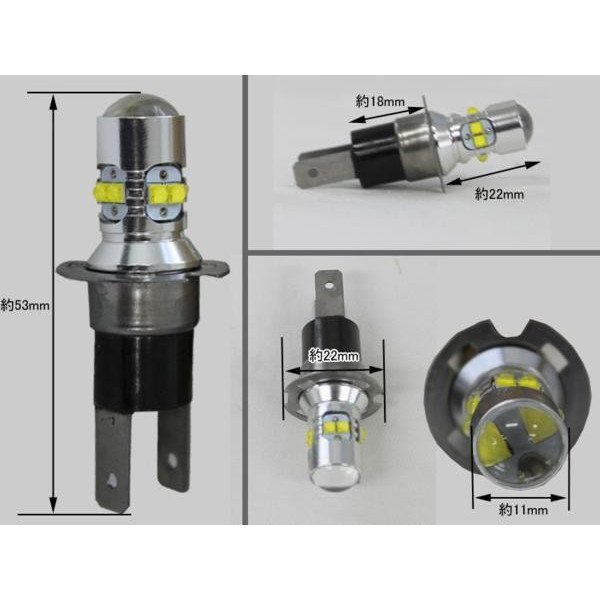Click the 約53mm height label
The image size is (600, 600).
(x=25, y=306)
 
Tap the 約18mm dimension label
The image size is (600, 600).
(x=380, y=101)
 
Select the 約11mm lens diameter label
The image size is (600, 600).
(x=523, y=510)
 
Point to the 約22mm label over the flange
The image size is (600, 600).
(x=334, y=356)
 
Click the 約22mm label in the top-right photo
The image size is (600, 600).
(x=499, y=194)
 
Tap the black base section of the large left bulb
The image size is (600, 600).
(x=142, y=366)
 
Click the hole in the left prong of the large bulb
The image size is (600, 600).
(x=112, y=479)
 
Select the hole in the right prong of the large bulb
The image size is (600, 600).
(x=173, y=458)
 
